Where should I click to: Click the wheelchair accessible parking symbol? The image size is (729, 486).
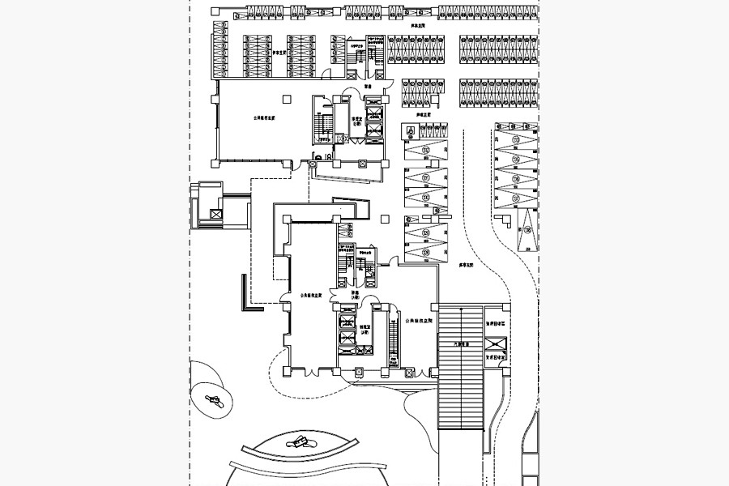[x=411, y=130]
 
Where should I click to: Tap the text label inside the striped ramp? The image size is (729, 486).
[x=460, y=344]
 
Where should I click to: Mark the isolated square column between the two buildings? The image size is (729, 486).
[x=385, y=218]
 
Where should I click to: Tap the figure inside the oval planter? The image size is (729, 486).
[x=215, y=399]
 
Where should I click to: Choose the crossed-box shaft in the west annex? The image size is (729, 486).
[x=215, y=214]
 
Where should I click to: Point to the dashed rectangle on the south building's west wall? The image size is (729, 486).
[x=279, y=267]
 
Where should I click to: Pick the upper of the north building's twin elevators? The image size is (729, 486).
[x=374, y=113]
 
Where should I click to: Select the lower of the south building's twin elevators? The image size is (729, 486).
[x=347, y=339]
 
